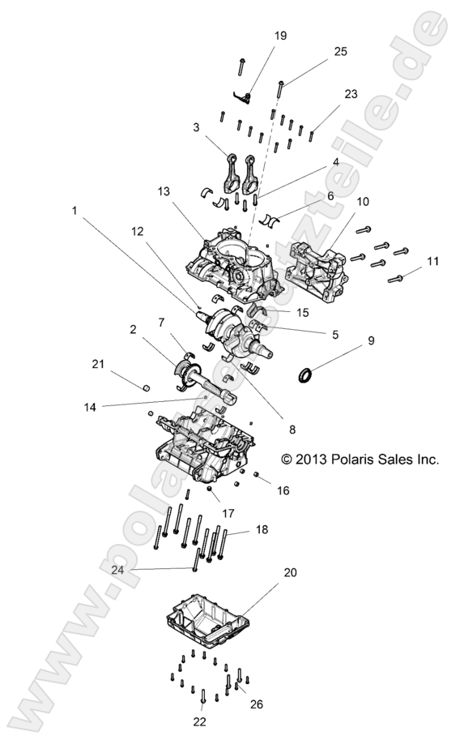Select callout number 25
point(340,51)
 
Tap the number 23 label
point(350,94)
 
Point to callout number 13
point(164,192)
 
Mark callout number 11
point(432,261)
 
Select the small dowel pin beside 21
point(147,387)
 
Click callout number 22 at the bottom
point(201,721)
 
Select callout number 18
point(262,529)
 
